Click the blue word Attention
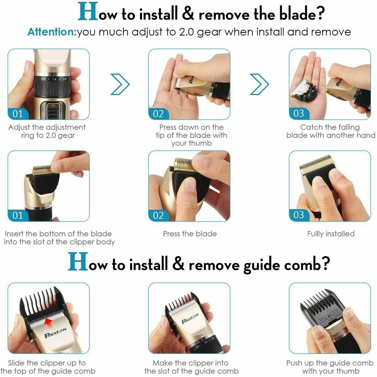[51, 32]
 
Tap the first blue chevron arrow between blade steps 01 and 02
[120, 84]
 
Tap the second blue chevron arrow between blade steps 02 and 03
[260, 84]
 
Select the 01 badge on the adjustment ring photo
[18, 114]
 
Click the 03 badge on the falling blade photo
[299, 114]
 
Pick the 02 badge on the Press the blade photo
[158, 215]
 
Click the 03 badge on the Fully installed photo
[299, 215]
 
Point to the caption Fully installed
[331, 234]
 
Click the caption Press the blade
[190, 234]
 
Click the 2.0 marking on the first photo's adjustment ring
[64, 79]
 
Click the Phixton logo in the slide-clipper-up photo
[55, 333]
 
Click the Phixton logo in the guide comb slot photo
[190, 318]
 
